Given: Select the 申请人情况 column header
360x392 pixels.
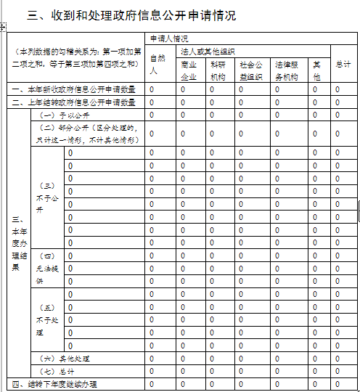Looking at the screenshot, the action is pyautogui.click(x=169, y=38).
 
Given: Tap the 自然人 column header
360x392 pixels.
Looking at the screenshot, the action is pyautogui.click(x=153, y=64).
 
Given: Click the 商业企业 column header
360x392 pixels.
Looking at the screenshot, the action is pyautogui.click(x=188, y=70).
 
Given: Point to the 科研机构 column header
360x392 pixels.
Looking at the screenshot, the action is pyautogui.click(x=218, y=70).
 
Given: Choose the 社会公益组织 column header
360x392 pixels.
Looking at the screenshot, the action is pyautogui.click(x=250, y=70).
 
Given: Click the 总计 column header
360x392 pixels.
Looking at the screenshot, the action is pyautogui.click(x=343, y=65).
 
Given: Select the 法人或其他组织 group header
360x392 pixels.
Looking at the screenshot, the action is pyautogui.click(x=208, y=52).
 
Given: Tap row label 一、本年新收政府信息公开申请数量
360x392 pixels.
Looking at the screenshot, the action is pyautogui.click(x=73, y=89).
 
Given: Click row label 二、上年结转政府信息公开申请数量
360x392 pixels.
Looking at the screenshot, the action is pyautogui.click(x=73, y=102).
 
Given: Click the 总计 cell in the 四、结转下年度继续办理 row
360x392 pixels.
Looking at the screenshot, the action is pyautogui.click(x=337, y=383).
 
